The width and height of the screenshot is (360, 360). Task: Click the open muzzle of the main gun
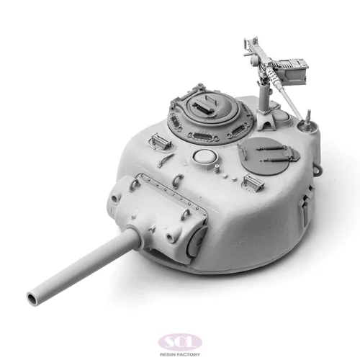point(32,299)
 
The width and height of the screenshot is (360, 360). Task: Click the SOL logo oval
point(180,343)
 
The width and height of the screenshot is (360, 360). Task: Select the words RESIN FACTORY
point(180,354)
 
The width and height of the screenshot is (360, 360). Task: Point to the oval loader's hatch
point(265,156)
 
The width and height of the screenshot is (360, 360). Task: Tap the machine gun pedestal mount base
point(266,121)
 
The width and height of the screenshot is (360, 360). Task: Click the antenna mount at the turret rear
point(307,123)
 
